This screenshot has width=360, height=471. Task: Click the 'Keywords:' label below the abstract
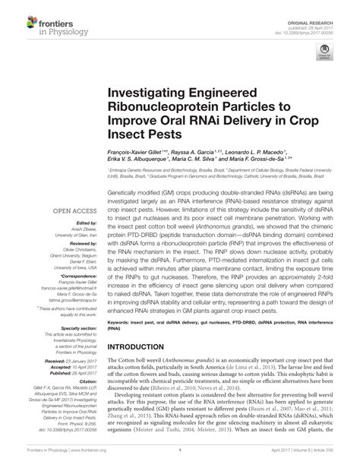click(x=122, y=320)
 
